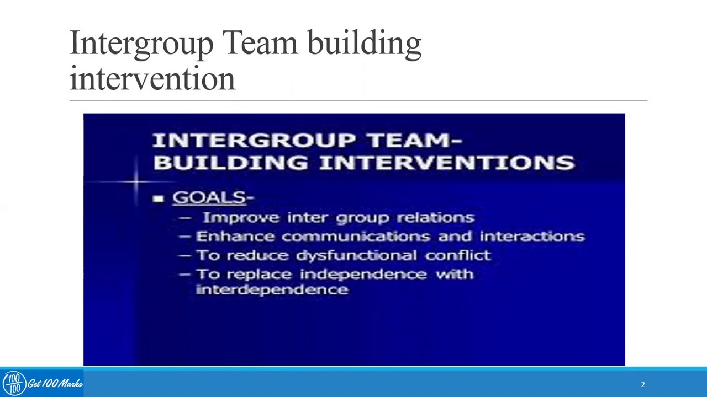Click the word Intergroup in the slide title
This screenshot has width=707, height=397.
coord(141,44)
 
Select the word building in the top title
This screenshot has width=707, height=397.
coord(365,44)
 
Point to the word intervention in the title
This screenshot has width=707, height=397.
coord(152,79)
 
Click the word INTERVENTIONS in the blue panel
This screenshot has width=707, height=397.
coord(447,163)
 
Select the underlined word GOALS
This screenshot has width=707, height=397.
coord(209,197)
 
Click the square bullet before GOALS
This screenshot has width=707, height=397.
coord(159,198)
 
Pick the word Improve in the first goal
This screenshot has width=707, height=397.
coord(241,218)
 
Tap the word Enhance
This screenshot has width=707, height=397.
coord(235,236)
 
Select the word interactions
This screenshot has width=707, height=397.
coord(532,236)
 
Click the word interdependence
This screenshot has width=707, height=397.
coord(272,289)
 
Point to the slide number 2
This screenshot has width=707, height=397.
coord(643,384)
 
